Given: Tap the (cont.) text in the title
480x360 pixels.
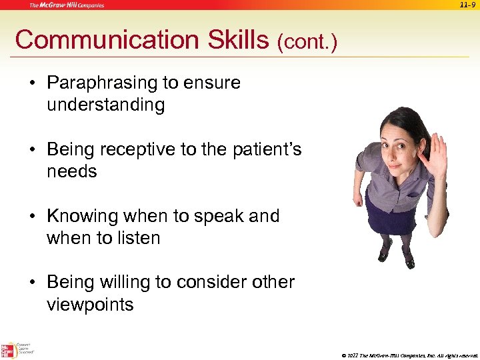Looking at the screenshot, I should [x=307, y=43].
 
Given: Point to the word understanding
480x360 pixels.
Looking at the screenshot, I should [x=105, y=105].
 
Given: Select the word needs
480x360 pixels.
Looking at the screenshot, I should [x=72, y=171].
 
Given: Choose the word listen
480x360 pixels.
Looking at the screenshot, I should [x=138, y=238].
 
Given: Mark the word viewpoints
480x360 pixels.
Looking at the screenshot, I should [x=90, y=305].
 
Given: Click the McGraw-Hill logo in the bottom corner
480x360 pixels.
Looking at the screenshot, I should [x=8, y=350].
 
